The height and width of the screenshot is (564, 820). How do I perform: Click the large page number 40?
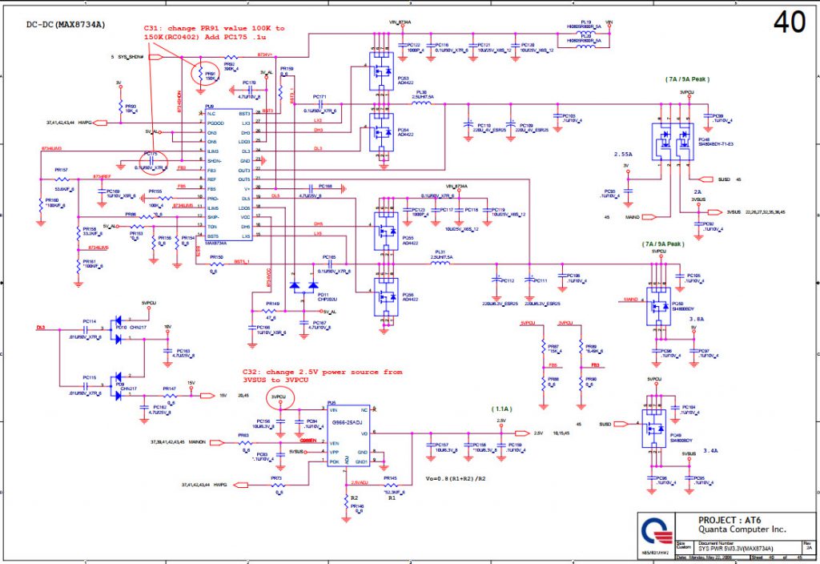click(790, 23)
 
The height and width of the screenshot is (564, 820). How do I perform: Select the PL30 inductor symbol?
click(422, 102)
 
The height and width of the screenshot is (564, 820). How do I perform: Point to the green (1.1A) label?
click(502, 409)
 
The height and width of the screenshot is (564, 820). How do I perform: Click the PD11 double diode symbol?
click(303, 286)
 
